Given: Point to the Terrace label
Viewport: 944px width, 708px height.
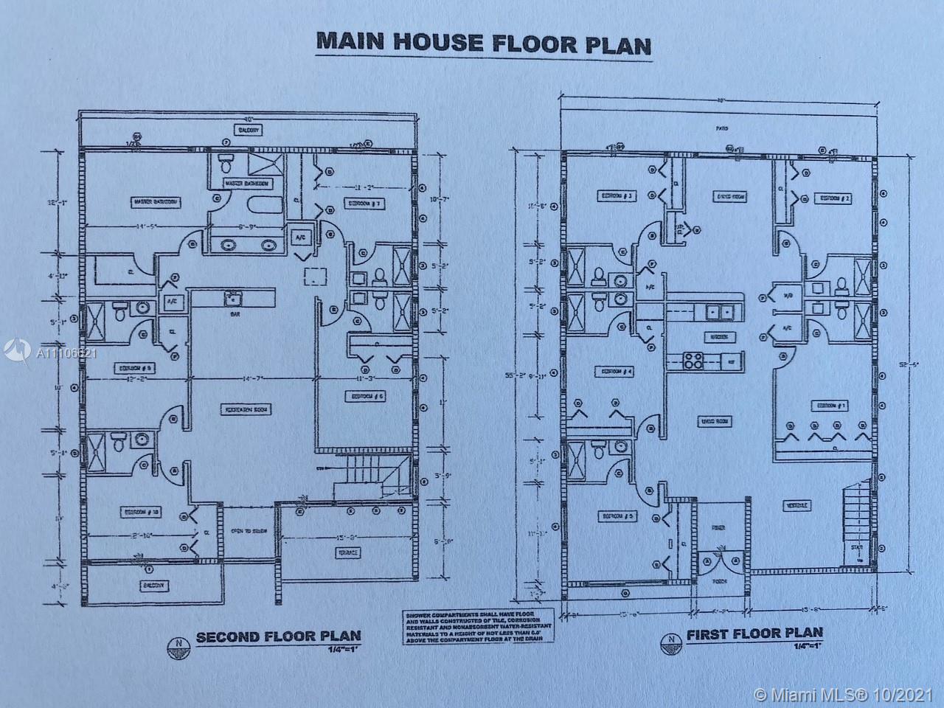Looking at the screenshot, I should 348,552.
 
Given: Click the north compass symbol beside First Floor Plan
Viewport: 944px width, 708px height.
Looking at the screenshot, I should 670,639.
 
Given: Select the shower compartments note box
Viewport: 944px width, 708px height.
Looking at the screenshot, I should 458,627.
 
